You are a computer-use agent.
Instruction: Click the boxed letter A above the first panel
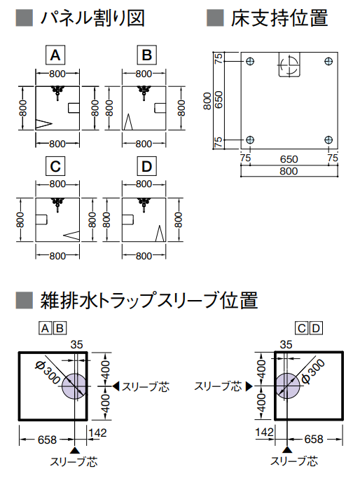point(55,55)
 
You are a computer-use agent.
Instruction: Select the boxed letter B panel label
point(147,55)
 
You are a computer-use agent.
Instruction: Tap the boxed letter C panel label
point(55,166)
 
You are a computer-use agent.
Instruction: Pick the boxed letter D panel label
point(147,166)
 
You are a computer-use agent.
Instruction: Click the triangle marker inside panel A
point(43,124)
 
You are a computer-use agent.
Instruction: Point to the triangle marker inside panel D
point(160,233)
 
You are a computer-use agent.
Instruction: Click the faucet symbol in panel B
point(144,93)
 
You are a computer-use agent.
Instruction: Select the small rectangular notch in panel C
point(41,219)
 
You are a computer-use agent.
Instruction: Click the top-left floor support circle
point(250,61)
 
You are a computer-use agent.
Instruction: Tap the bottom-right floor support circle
point(328,140)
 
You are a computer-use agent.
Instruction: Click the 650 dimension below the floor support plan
point(289,159)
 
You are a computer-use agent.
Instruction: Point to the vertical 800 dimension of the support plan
point(207,101)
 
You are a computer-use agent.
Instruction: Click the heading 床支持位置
point(279,18)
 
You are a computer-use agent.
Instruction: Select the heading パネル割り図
point(92,18)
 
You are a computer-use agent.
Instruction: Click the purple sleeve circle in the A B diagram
point(74,386)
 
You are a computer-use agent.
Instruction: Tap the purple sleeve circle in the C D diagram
point(287,386)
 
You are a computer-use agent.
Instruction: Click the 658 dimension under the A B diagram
point(47,440)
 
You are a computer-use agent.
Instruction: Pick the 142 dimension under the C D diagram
point(264,432)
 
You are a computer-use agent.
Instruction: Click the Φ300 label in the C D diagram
point(313,371)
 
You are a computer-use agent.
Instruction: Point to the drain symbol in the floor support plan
point(289,64)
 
